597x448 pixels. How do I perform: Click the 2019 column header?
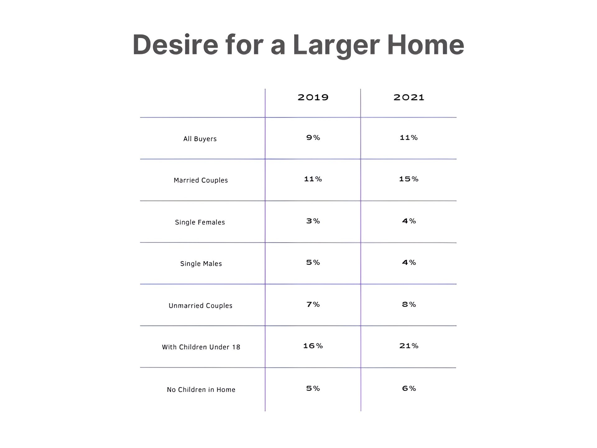[x=313, y=97]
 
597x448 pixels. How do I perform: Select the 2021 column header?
[x=409, y=97]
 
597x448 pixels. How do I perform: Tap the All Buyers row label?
[x=200, y=139]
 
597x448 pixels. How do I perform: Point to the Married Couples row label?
[x=201, y=180]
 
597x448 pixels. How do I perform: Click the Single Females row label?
[x=200, y=222]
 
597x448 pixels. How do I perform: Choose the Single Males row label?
[x=201, y=264]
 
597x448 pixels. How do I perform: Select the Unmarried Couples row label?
[x=201, y=306]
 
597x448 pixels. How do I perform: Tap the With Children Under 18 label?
[x=201, y=347]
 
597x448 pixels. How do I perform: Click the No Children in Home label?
[x=201, y=390]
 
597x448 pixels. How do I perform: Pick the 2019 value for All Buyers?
[x=313, y=138]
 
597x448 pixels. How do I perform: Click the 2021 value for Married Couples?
[x=409, y=179]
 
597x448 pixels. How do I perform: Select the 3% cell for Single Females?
[x=313, y=221]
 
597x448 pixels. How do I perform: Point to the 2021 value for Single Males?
[x=409, y=262]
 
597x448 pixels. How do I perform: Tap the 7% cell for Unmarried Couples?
[x=313, y=304]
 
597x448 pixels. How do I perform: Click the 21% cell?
[x=409, y=346]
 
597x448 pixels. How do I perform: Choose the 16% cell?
[x=313, y=346]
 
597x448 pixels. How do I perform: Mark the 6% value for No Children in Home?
[x=409, y=388]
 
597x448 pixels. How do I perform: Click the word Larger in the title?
[x=336, y=45]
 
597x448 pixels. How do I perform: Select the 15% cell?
[x=409, y=179]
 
